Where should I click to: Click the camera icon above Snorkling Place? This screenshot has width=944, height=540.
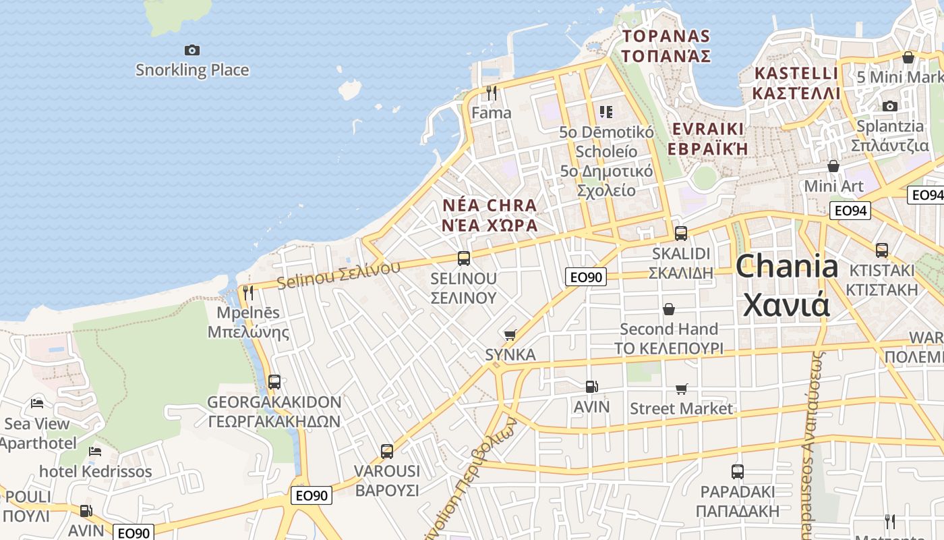click(x=192, y=50)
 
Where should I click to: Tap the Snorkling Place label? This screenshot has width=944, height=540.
click(x=192, y=70)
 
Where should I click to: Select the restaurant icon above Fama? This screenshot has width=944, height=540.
click(x=492, y=92)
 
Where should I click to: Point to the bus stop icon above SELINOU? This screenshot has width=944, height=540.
click(x=464, y=258)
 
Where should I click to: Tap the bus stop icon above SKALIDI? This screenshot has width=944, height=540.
click(x=681, y=234)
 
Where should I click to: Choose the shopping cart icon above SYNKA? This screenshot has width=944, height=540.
click(x=510, y=335)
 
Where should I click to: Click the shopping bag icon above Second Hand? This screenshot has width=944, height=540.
click(x=669, y=309)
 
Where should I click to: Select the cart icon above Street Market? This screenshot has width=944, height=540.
click(x=682, y=389)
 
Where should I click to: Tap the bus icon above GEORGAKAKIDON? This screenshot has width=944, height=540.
click(x=274, y=382)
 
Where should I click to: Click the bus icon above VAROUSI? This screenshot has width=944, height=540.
click(x=387, y=451)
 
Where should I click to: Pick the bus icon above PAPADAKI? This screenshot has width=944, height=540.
click(x=738, y=472)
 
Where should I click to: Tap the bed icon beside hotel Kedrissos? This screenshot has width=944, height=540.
click(x=95, y=451)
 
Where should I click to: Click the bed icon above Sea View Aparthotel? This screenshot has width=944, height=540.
click(x=37, y=404)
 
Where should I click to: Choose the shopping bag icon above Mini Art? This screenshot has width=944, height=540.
click(x=833, y=166)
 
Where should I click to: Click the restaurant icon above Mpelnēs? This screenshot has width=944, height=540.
click(x=248, y=293)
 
